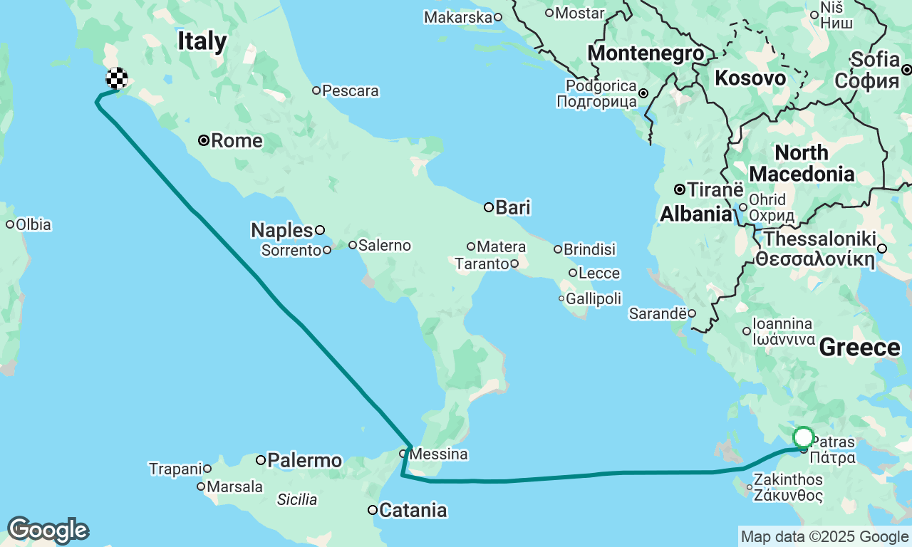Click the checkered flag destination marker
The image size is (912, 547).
(x=117, y=78)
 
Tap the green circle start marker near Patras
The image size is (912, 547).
(x=803, y=437)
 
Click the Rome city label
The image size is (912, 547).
(x=237, y=141)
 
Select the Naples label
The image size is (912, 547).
(x=282, y=230)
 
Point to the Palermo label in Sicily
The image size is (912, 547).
(x=304, y=460)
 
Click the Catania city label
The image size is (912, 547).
(x=413, y=510)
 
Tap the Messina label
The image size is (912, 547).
(x=439, y=454)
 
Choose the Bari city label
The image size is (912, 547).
(x=513, y=207)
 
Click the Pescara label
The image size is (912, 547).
(x=350, y=90)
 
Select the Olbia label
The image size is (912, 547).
(x=33, y=224)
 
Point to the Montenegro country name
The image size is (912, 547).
(x=646, y=53)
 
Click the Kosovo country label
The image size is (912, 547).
(x=750, y=78)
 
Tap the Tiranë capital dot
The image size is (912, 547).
(x=680, y=189)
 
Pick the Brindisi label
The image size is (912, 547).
(x=589, y=249)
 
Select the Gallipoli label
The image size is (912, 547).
(x=594, y=298)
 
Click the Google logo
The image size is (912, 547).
(x=47, y=530)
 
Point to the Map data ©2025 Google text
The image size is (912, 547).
(x=824, y=537)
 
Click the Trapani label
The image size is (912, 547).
(x=175, y=469)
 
